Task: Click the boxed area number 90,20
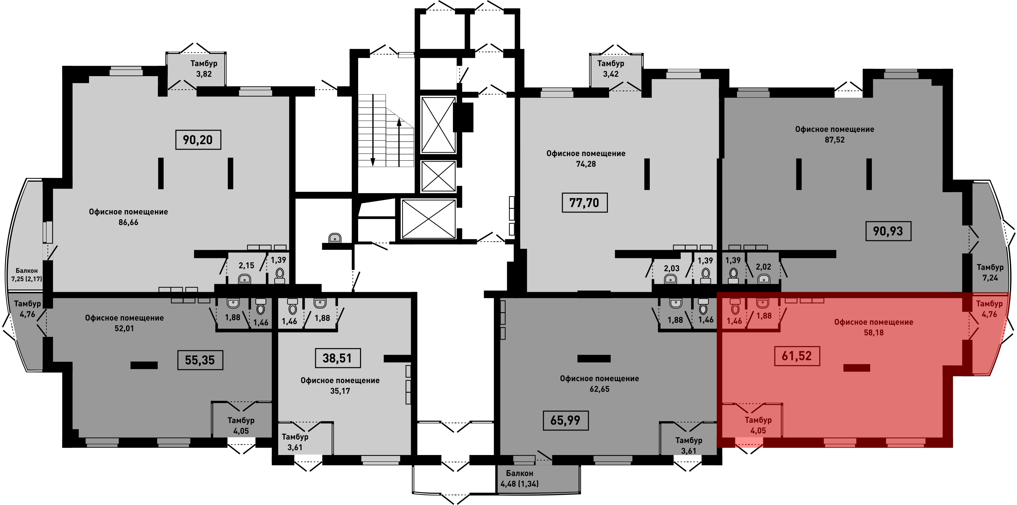click(x=198, y=140)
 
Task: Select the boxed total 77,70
click(x=584, y=203)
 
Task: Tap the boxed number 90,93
click(x=888, y=231)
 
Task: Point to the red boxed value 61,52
click(x=797, y=356)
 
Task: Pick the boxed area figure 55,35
click(x=200, y=360)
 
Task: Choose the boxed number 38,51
click(x=337, y=358)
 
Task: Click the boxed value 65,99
click(x=565, y=421)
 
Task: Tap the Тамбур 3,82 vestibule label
click(x=204, y=69)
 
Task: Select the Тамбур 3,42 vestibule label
click(x=610, y=69)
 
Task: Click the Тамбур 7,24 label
click(x=990, y=272)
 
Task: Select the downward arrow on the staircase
click(x=372, y=130)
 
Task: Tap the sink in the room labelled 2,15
click(x=245, y=279)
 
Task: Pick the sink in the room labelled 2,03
click(x=670, y=279)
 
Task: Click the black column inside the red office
click(x=857, y=368)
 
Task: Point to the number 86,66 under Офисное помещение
click(x=128, y=223)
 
